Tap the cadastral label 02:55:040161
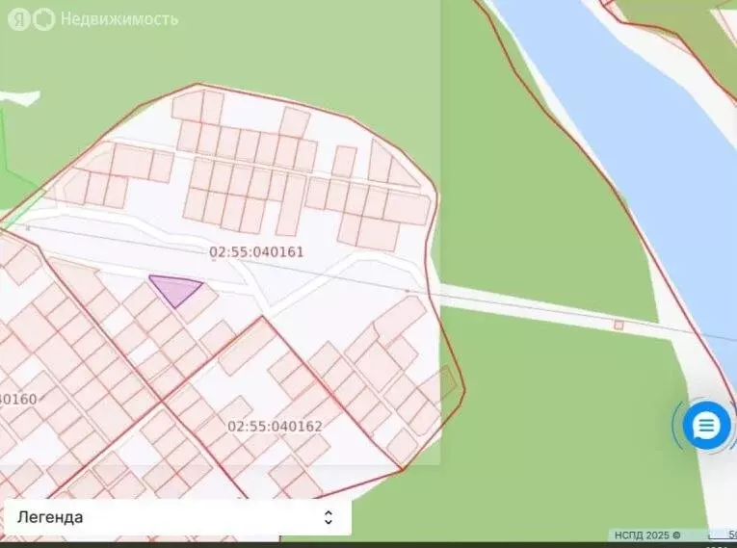click(x=256, y=252)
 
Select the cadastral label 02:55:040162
click(x=275, y=426)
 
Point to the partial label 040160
click(x=17, y=399)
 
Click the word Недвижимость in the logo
click(x=118, y=19)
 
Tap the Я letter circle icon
click(x=19, y=19)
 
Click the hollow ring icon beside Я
click(x=44, y=19)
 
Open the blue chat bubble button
click(x=706, y=425)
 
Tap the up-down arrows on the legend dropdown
click(x=328, y=517)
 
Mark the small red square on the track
click(x=619, y=325)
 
